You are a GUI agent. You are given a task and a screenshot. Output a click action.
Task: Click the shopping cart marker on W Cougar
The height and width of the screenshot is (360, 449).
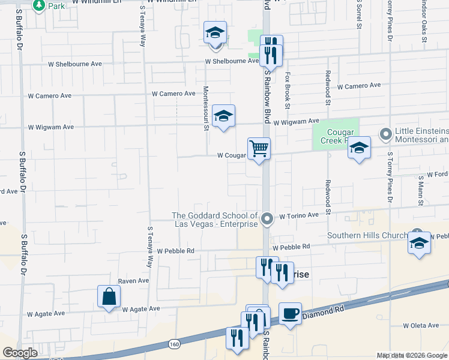(259, 148)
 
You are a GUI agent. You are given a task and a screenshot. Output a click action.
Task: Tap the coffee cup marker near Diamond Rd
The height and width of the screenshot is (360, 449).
(290, 313)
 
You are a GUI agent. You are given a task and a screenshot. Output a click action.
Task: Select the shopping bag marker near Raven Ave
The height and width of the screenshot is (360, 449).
(109, 296)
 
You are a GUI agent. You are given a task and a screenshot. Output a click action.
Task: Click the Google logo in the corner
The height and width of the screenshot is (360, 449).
(20, 353)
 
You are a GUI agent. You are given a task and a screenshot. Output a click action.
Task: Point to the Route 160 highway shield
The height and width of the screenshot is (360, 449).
(175, 344)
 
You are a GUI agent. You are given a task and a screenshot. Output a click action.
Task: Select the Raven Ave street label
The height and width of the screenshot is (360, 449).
(133, 280)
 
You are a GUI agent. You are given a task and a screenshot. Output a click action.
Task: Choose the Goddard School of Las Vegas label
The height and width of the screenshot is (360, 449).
(215, 220)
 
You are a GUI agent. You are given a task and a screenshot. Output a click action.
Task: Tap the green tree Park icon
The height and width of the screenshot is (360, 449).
(40, 5)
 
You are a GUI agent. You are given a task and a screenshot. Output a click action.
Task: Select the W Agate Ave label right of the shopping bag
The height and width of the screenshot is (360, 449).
(141, 309)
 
